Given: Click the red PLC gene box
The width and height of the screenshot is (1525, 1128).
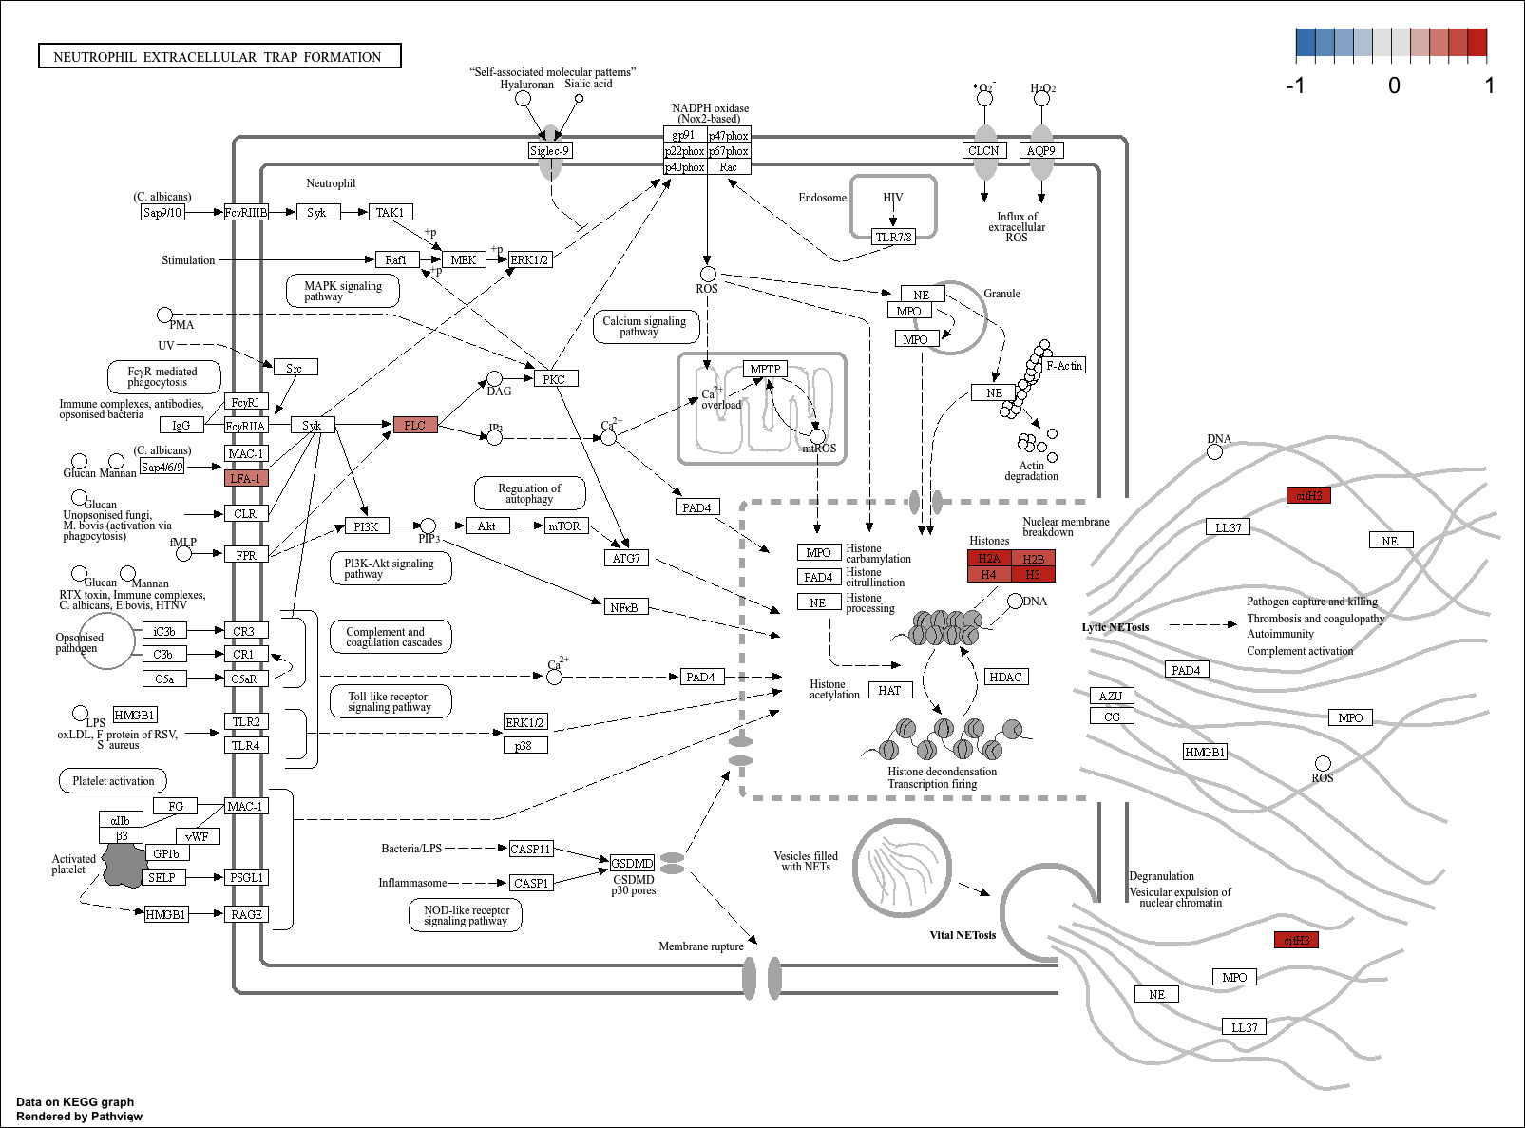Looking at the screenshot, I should (415, 425).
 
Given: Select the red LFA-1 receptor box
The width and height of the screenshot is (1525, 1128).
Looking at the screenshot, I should (246, 478).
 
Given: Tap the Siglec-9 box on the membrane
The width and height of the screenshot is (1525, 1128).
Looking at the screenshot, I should (550, 150).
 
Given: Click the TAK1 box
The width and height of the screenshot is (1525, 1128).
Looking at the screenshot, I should (390, 212).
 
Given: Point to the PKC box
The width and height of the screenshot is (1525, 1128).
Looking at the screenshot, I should (555, 379).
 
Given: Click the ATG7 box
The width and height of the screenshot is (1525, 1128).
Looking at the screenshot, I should (626, 558).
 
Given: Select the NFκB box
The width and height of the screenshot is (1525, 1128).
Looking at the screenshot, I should (624, 606).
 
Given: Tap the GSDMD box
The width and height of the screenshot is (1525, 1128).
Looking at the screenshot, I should (632, 863).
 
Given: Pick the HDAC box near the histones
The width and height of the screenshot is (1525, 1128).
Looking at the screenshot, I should (1006, 677).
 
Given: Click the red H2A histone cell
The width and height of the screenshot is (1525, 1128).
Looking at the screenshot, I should (989, 559).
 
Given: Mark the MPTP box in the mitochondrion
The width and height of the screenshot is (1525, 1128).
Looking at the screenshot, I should (765, 369).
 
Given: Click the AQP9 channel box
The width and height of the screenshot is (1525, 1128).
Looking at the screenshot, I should (1040, 150).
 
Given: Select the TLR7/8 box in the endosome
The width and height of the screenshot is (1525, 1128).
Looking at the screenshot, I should (894, 237).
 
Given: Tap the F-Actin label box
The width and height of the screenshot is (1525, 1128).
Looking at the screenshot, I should (1064, 365).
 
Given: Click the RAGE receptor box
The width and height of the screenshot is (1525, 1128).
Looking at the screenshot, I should (246, 914).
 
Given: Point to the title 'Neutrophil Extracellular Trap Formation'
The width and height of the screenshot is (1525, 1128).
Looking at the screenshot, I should (219, 56).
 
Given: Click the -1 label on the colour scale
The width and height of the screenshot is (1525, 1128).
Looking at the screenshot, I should (1295, 86).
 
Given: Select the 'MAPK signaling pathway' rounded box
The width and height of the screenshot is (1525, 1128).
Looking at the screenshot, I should (342, 291).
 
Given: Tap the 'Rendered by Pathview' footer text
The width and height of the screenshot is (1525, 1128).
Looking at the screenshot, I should (79, 1116).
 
